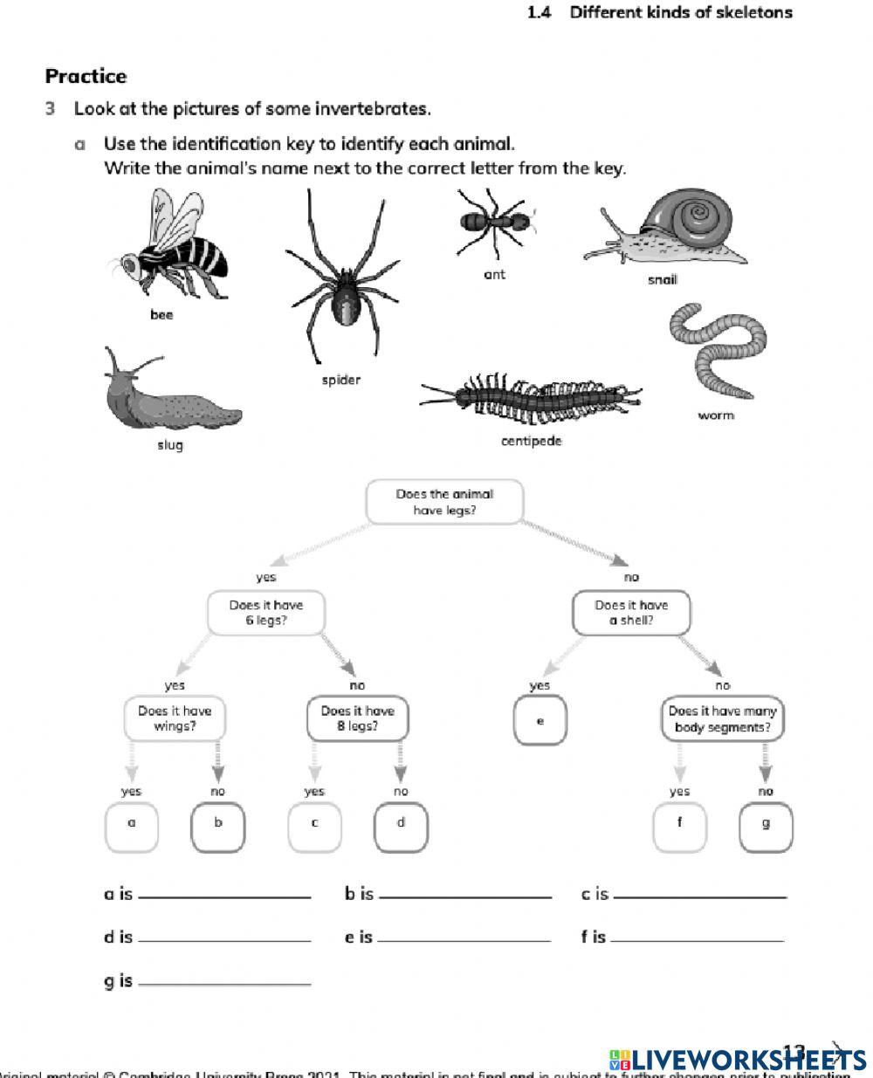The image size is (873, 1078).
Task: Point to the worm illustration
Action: (x=716, y=349)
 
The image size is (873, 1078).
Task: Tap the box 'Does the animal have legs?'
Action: (x=444, y=502)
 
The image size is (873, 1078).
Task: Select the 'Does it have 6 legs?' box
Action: (x=265, y=613)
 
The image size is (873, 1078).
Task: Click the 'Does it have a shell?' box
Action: (x=631, y=613)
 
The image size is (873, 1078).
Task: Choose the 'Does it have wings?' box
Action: (x=175, y=718)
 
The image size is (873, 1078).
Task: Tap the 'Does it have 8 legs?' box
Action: (x=357, y=718)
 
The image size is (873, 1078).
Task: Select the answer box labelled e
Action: (x=540, y=722)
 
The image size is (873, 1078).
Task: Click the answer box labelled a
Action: (x=132, y=825)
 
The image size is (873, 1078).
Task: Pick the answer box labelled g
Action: (x=766, y=825)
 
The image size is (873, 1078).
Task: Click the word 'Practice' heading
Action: (x=86, y=76)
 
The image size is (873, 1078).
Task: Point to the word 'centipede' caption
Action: (x=531, y=441)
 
